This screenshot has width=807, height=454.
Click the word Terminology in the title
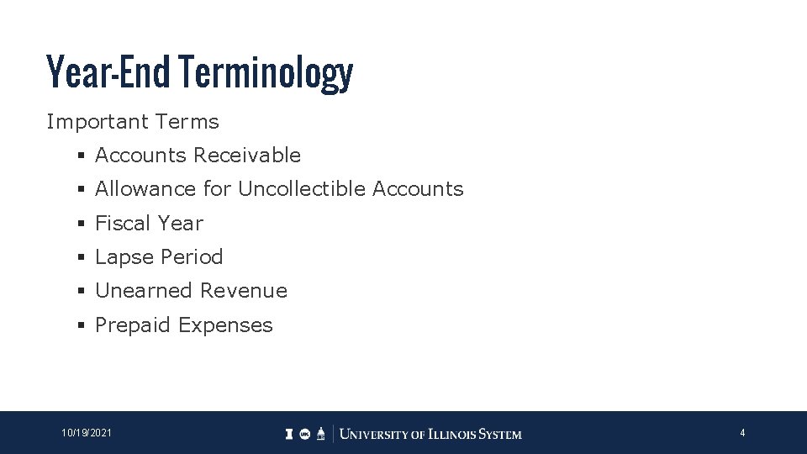[x=266, y=73]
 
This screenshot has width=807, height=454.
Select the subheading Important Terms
[x=133, y=122]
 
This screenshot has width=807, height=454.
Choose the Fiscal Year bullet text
[x=149, y=224]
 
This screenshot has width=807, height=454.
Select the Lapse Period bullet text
[x=159, y=257]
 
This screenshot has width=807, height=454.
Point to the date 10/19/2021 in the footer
[x=87, y=433]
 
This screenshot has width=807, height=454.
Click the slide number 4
[x=742, y=433]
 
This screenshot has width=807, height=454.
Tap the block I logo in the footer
[x=289, y=434]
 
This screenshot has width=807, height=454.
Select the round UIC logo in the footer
[x=305, y=434]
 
